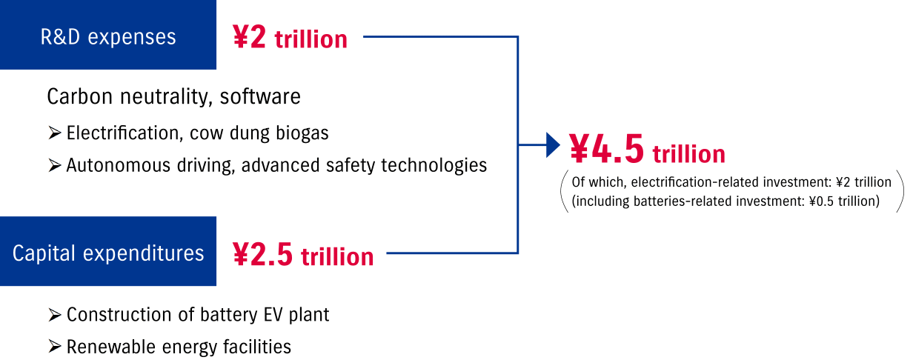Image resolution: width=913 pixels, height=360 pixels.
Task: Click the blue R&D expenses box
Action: (108, 35)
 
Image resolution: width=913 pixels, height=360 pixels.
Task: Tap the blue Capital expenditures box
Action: (108, 251)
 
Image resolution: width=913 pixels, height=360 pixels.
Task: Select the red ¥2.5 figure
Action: (262, 254)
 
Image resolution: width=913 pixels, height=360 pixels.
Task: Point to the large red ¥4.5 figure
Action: (606, 150)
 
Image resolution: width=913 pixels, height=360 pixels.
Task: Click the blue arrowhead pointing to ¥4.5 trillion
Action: (553, 145)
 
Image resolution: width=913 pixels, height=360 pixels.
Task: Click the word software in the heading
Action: (260, 97)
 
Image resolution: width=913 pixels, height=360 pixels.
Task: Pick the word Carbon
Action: (79, 97)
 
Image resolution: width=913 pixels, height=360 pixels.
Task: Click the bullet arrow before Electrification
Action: (55, 133)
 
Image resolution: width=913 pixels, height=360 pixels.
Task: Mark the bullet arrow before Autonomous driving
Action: (55, 165)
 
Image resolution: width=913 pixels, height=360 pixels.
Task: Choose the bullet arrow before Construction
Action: (55, 315)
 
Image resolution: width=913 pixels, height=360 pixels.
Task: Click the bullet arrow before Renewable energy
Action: (55, 347)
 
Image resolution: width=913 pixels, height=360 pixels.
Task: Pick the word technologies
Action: (434, 166)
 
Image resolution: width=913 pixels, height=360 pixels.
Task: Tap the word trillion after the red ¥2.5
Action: (337, 256)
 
